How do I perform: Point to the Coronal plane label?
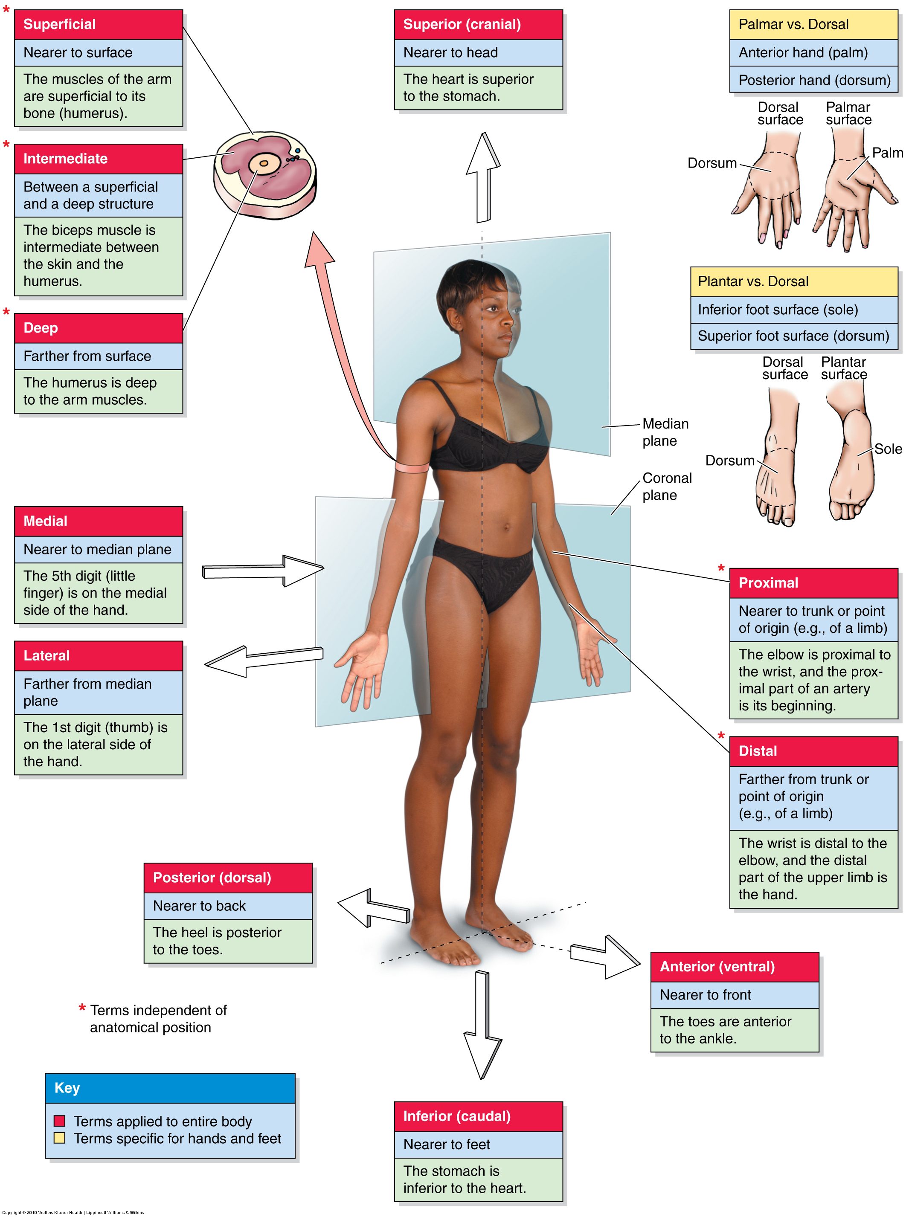(x=666, y=486)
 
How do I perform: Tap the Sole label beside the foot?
(x=887, y=449)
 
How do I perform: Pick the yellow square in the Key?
(x=60, y=1138)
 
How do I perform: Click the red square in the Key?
(x=60, y=1121)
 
